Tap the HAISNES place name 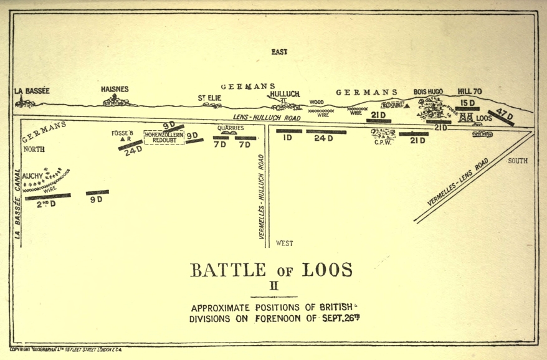coord(115,89)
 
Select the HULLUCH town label coord(285,94)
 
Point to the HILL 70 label coord(469,91)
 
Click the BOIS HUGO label coord(428,92)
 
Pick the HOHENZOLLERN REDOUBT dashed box coord(163,137)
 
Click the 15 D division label coord(468,102)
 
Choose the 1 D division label coord(287,138)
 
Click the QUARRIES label coord(230,128)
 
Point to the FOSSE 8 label coord(122,133)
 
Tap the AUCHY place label coord(32,176)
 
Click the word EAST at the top coord(279,52)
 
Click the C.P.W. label coord(382,142)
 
